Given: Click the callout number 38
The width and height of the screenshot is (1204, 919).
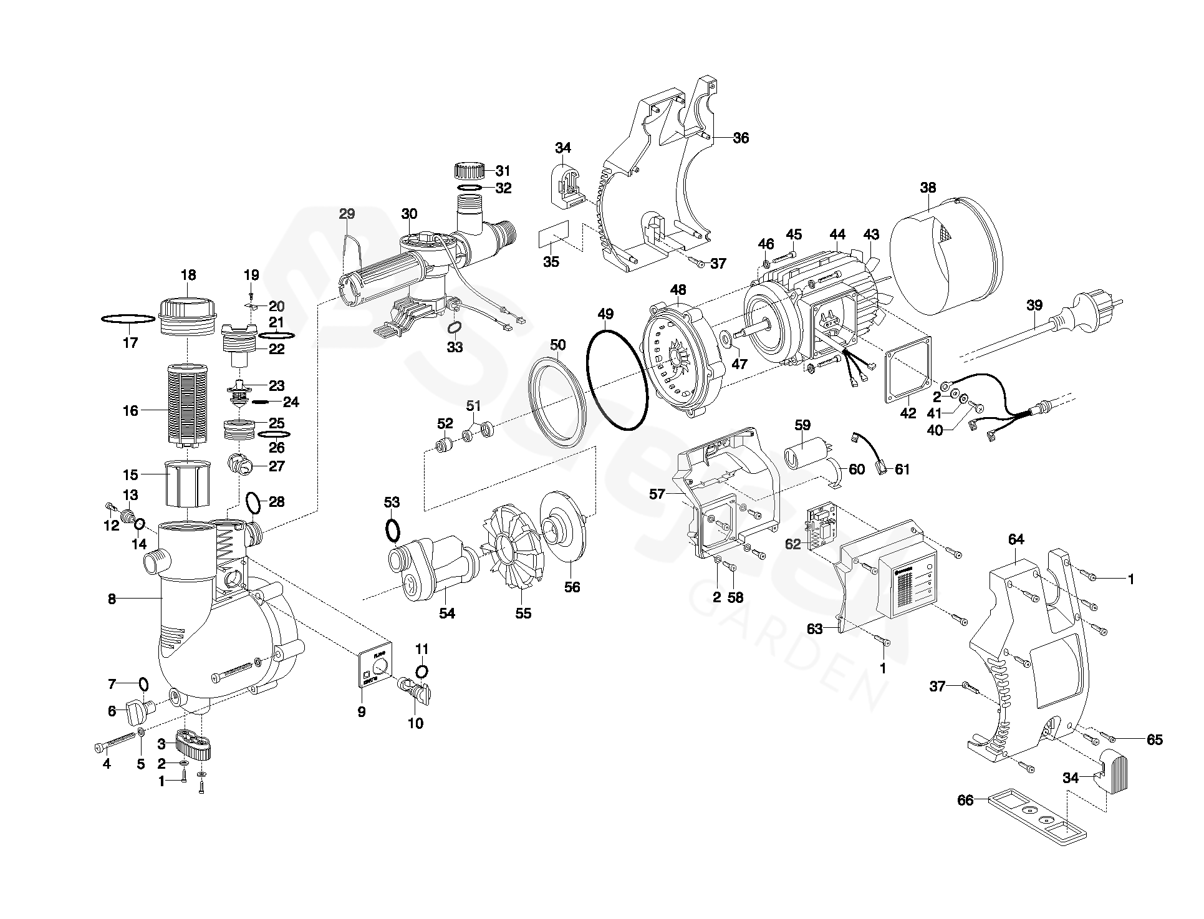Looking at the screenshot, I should tap(928, 187).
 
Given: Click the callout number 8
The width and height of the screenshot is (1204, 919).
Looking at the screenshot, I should tap(112, 599).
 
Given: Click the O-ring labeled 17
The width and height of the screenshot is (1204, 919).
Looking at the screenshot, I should tap(128, 319).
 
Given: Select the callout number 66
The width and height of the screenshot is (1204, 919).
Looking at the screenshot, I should tap(965, 800).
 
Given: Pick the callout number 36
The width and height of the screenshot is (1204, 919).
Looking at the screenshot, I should tap(741, 138).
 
